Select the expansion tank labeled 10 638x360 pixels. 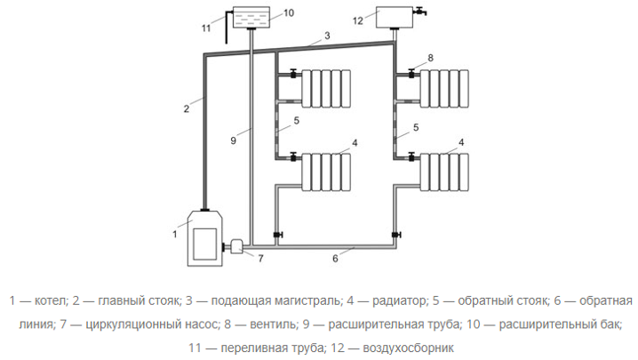(252, 18)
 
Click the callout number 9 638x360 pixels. (234, 140)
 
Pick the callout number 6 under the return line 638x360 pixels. (335, 260)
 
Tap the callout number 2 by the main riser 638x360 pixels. (187, 108)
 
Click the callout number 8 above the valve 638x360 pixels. (429, 58)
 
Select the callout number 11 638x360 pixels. (206, 28)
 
